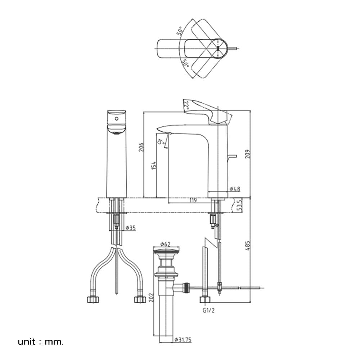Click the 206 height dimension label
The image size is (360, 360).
tap(141, 147)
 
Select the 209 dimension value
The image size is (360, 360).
tap(248, 154)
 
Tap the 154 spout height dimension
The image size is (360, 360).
tap(154, 166)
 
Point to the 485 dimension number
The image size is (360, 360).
tap(248, 246)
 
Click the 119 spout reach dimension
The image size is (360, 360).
tap(193, 201)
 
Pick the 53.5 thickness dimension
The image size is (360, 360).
tap(239, 205)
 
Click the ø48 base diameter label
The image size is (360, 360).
tap(235, 189)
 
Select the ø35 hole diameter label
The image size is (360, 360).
tap(131, 228)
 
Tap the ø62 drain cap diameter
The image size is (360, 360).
tap(165, 244)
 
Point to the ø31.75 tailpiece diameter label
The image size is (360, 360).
tap(183, 340)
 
